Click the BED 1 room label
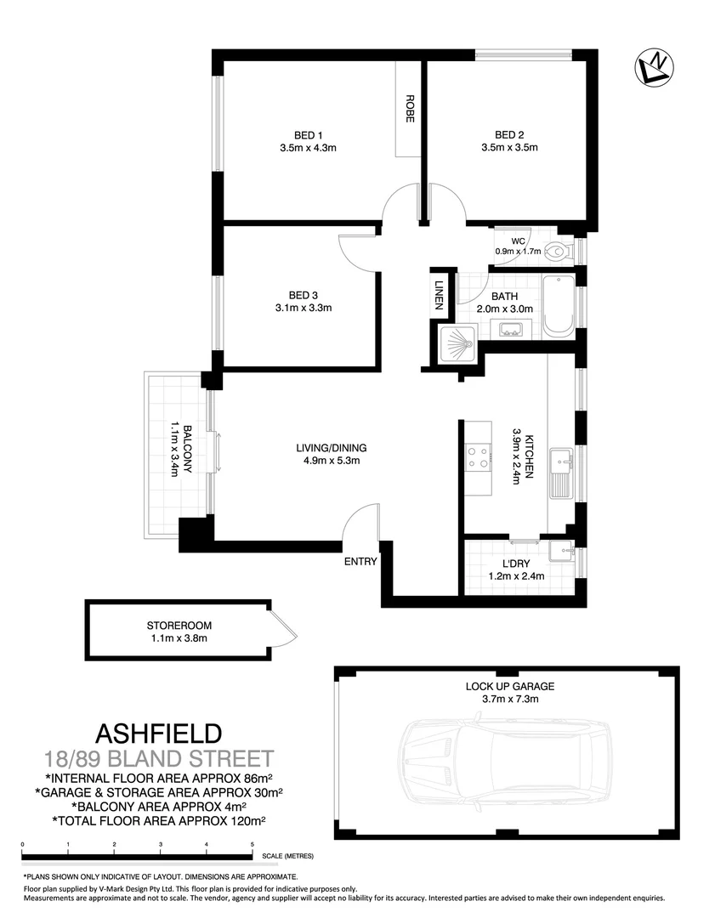click(x=309, y=134)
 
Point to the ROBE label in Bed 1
click(x=409, y=108)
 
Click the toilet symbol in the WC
click(x=557, y=251)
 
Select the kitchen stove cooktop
click(x=479, y=458)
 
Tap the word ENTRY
click(x=360, y=561)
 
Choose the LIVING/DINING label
click(x=332, y=448)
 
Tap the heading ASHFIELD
click(x=160, y=733)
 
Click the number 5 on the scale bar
click(x=253, y=844)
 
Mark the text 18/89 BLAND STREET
click(x=160, y=758)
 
